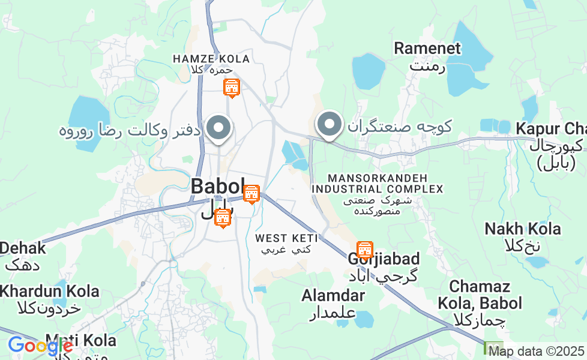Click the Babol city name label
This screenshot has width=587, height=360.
218,186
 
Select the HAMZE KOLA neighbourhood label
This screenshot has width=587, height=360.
211,59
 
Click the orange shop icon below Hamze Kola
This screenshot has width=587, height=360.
231,88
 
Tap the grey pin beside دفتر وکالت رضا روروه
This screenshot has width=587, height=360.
218,128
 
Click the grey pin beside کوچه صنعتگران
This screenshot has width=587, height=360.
329,125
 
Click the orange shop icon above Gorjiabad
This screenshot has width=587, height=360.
364,249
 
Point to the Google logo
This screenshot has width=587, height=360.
40,346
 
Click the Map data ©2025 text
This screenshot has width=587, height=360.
535,351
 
